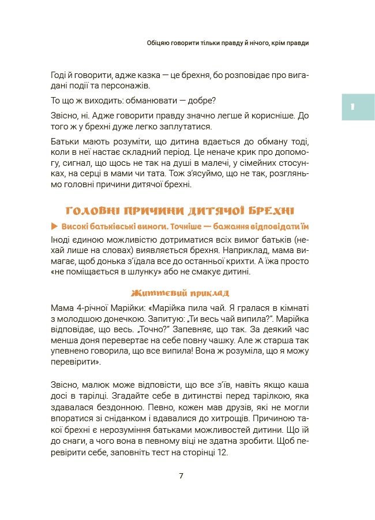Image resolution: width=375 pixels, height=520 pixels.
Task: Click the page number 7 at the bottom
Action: (x=181, y=476)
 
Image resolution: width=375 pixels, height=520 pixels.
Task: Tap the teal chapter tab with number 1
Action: (x=358, y=106)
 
